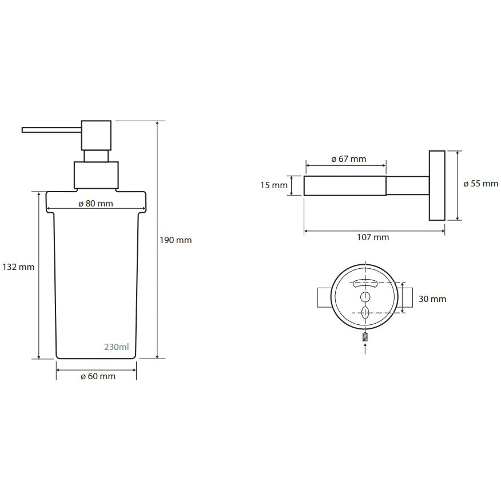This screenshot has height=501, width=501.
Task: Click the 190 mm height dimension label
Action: [x=176, y=240]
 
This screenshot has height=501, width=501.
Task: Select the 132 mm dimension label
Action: [x=18, y=267]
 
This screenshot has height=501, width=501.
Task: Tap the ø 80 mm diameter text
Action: [x=96, y=204]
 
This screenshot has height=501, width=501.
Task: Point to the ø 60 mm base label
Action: [x=98, y=376]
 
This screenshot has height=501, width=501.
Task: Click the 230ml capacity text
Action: [x=117, y=347]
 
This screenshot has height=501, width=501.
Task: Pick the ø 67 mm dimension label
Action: [x=349, y=159]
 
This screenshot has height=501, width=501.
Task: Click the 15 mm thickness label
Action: [x=274, y=185]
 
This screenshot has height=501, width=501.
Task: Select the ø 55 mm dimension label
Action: [x=481, y=184]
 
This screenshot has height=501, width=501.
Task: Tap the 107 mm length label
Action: [x=373, y=237]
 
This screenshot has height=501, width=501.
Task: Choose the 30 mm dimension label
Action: [x=432, y=299]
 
